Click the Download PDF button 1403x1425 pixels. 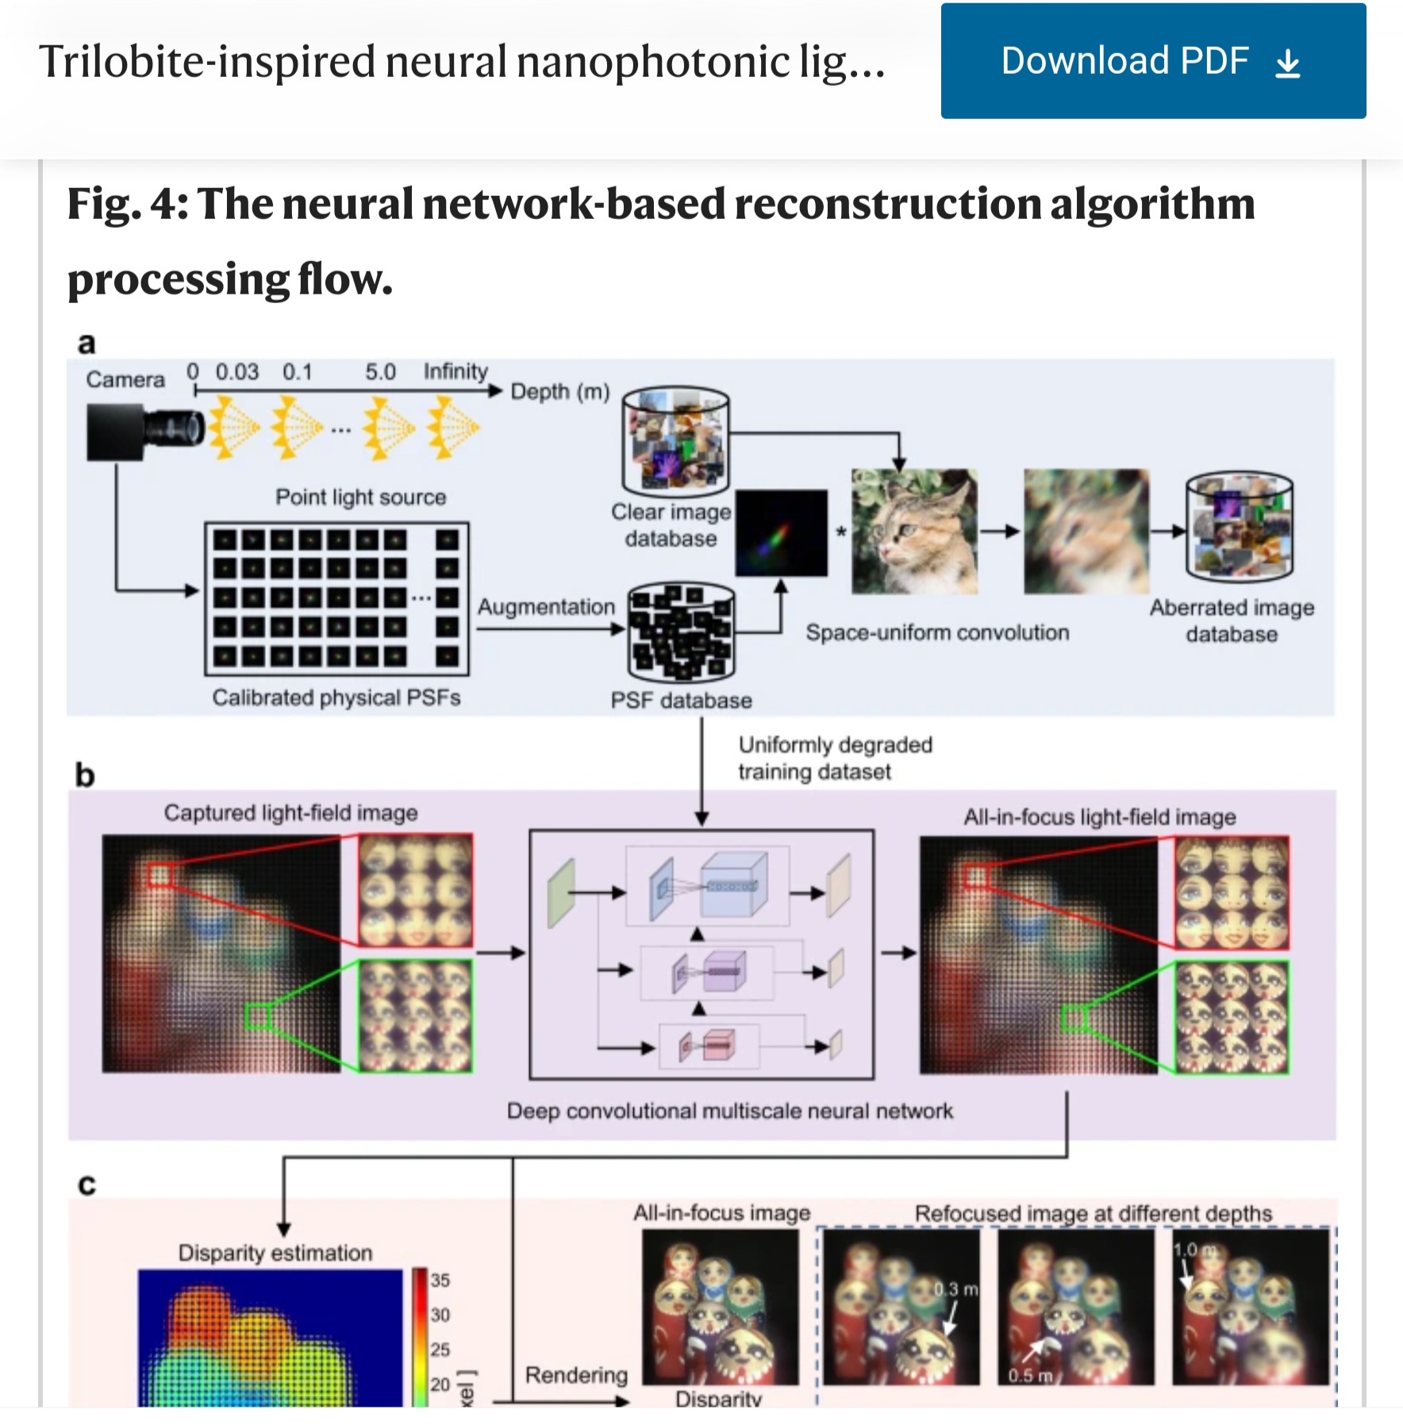(1152, 61)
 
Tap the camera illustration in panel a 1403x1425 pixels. (143, 431)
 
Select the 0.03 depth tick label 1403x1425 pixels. (236, 372)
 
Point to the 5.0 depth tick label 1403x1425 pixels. (380, 372)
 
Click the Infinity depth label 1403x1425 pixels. (455, 371)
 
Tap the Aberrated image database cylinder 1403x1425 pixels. (1239, 526)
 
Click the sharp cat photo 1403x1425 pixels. (913, 531)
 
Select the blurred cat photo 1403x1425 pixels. (1086, 531)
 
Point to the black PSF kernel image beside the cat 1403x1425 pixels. (781, 532)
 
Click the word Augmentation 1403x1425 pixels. (546, 607)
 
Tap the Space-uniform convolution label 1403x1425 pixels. (937, 632)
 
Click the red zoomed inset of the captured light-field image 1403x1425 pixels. (415, 889)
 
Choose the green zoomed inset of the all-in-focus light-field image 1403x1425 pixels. (1232, 1017)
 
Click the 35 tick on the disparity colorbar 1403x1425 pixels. (440, 1280)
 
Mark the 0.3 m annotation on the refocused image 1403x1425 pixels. (955, 1289)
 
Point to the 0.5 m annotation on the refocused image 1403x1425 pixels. (1029, 1375)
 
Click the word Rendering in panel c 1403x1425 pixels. (576, 1375)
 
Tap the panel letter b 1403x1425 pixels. (85, 774)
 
